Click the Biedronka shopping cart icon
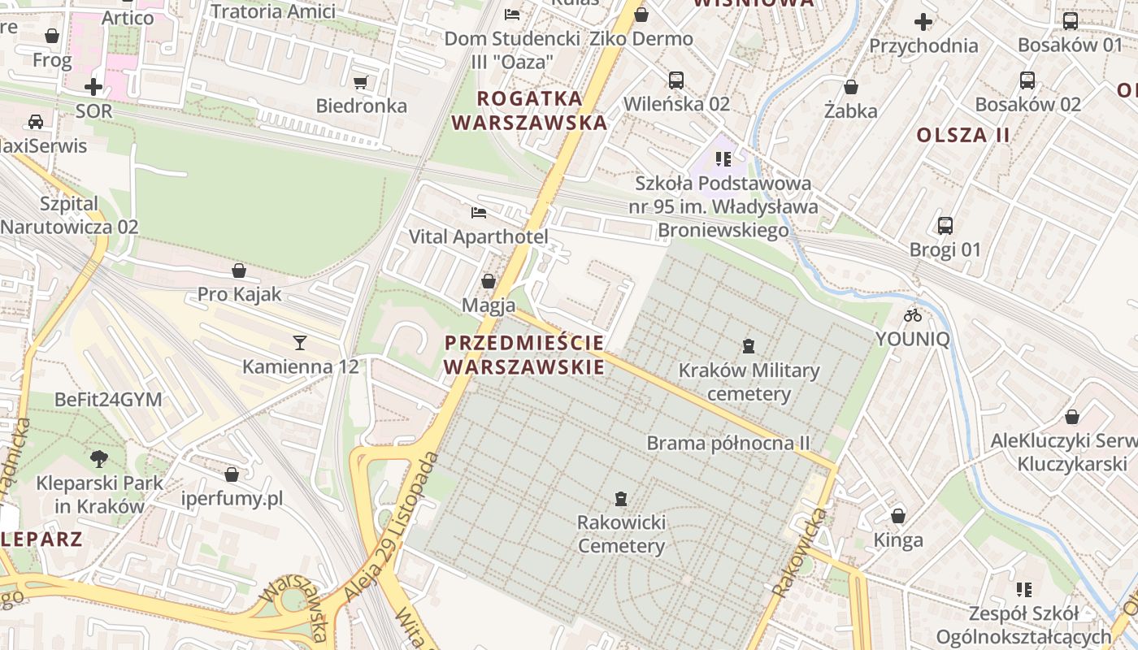click(361, 82)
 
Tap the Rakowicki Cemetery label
click(621, 533)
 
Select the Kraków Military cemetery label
click(749, 382)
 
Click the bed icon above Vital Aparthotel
click(479, 213)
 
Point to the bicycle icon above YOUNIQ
click(913, 315)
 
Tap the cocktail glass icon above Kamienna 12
click(300, 343)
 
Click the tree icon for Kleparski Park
click(99, 459)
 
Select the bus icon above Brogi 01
click(945, 226)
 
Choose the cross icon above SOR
click(93, 86)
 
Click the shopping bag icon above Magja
click(489, 281)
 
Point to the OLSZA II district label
click(963, 135)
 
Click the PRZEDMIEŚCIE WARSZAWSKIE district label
click(524, 354)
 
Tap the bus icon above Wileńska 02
click(676, 80)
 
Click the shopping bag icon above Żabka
click(851, 87)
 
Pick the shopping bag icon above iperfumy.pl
click(232, 474)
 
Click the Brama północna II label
click(728, 444)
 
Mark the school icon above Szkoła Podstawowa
click(723, 159)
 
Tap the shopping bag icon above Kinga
click(898, 516)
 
